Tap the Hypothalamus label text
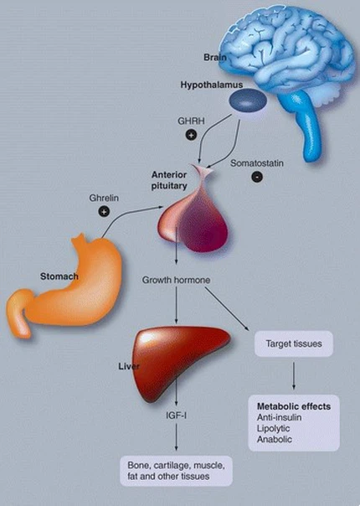click(210, 85)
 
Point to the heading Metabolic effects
click(293, 406)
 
